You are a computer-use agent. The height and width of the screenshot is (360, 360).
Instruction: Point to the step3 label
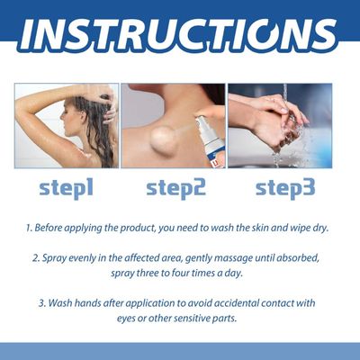(285, 188)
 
